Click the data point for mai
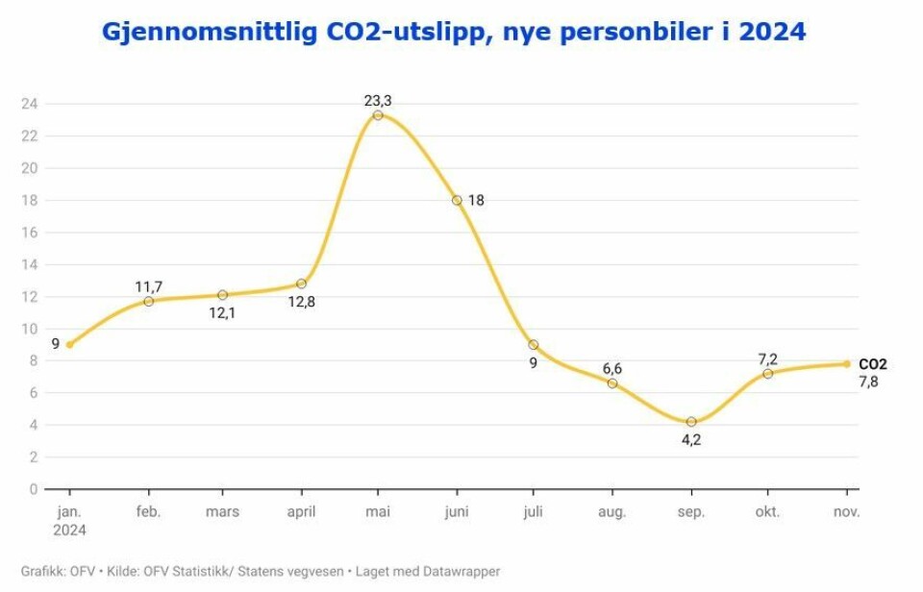tap(378, 115)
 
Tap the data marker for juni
tap(457, 200)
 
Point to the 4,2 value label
tap(691, 441)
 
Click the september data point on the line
tap(691, 422)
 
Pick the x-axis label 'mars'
tap(222, 512)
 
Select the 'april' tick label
tap(301, 512)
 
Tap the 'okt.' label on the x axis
tap(768, 512)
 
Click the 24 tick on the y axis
tap(29, 104)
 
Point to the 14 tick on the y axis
tap(29, 264)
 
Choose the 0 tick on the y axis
tap(33, 489)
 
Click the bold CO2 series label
tap(873, 364)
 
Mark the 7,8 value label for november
tap(868, 382)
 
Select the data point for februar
tap(149, 301)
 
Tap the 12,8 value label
tap(301, 302)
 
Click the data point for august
tap(612, 383)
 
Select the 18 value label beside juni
tap(476, 200)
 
